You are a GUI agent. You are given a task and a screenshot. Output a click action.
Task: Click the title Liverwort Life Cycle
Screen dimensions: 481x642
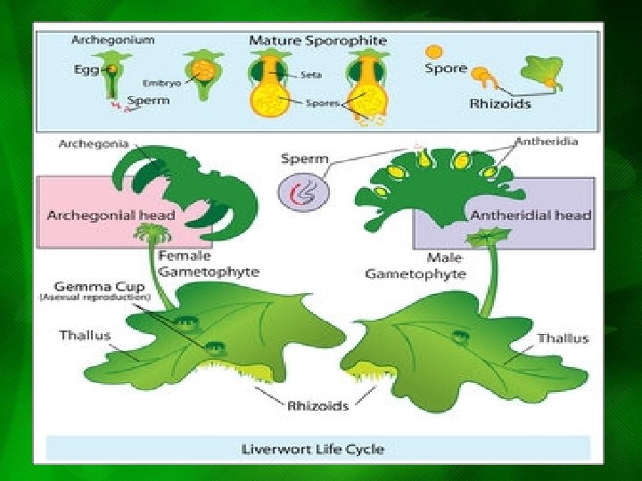point(313,448)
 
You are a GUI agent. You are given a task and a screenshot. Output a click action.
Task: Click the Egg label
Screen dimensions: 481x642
point(86,69)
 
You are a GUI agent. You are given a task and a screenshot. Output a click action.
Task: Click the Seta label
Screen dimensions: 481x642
point(312,75)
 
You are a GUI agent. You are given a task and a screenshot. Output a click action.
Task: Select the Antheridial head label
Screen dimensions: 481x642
point(531,215)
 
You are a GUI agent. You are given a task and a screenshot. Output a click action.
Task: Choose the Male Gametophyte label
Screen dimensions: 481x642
point(416,265)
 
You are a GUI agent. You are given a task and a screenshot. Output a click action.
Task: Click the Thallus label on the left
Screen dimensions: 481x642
point(86,336)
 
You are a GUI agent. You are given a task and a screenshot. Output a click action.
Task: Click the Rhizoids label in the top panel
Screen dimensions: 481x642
point(500,103)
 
